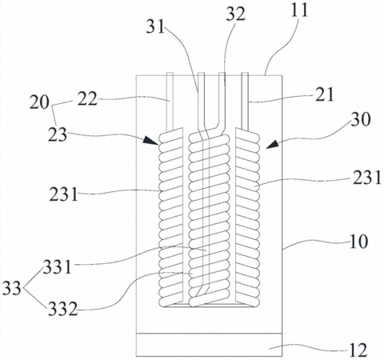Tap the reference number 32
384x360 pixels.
pos(236,14)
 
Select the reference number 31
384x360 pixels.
pos(155,26)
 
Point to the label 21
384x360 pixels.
pos(324,94)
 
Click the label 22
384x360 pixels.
pos(87,99)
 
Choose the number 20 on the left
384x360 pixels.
pos(39,102)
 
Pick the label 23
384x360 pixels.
pos(58,134)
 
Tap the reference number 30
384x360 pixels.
pos(361,119)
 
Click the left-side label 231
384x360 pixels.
pos(63,194)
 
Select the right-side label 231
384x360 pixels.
pos(367,178)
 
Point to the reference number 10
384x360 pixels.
pos(358,242)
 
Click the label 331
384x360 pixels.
pos(58,267)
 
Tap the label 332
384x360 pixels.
pos(62,309)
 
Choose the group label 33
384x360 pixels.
pos(12,288)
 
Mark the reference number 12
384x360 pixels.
pos(358,350)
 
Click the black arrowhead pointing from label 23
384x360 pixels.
pos(151,140)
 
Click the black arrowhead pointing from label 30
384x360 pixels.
pos(273,144)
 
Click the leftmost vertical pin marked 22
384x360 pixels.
pos(170,102)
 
